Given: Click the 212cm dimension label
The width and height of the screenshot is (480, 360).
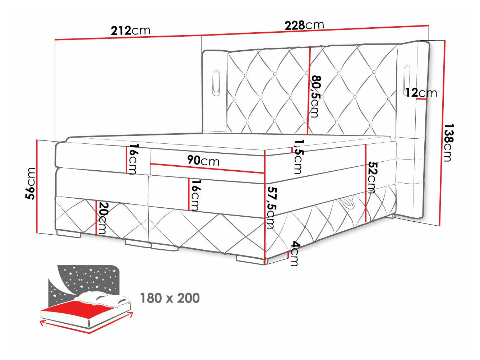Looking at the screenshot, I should click(x=130, y=31).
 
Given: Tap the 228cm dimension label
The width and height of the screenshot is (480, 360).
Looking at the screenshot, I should click(x=304, y=25).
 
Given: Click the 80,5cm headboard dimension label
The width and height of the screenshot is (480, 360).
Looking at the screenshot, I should click(x=315, y=96).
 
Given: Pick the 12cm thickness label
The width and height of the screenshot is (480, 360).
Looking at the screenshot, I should click(x=421, y=93).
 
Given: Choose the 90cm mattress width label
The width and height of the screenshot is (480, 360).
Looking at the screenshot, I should click(x=203, y=161).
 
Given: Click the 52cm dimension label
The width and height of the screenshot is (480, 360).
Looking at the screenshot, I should click(x=372, y=177).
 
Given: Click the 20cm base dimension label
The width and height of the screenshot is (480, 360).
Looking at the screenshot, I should click(x=103, y=218).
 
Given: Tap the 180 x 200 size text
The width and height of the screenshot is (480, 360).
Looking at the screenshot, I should click(x=170, y=298).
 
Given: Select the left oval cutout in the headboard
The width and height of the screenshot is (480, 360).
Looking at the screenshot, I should click(x=217, y=83).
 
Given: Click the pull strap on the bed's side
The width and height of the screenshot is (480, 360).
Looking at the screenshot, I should click(x=347, y=204).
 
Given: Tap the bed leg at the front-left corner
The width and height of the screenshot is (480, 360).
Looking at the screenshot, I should click(x=68, y=234).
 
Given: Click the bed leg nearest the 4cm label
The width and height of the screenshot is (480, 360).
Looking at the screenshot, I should click(x=250, y=259).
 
